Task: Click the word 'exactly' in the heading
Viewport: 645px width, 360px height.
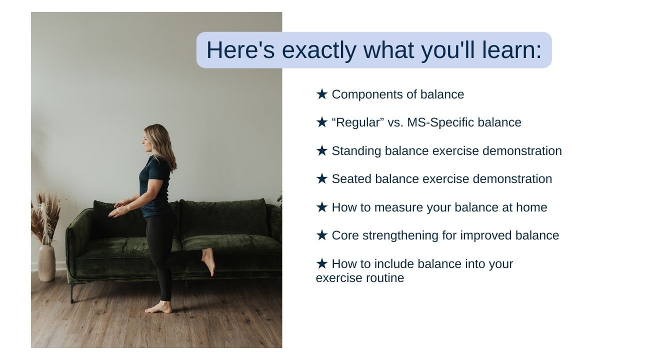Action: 319,50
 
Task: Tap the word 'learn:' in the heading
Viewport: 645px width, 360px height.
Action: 512,50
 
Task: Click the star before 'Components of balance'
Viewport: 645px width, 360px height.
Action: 321,94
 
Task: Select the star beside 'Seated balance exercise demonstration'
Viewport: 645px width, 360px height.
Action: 321,178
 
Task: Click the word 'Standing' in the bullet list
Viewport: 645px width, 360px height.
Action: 356,151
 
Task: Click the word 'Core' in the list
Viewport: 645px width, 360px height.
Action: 345,235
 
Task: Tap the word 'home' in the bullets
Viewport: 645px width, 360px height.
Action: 531,207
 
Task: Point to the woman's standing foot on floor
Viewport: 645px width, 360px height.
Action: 159,308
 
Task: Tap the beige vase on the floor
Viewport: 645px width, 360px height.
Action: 46,262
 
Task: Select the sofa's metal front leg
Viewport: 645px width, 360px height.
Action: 71,293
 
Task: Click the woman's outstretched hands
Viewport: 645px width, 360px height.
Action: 119,209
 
